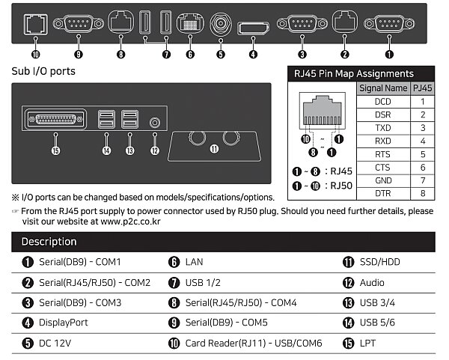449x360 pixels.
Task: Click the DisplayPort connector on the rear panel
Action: coord(254,29)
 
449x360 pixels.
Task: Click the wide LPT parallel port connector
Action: coord(55,120)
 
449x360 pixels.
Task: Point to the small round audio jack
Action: coord(155,121)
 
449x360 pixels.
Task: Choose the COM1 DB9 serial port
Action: coord(388,23)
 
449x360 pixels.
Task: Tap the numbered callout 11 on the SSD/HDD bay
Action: coord(214,148)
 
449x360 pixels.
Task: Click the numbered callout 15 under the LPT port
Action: coord(55,150)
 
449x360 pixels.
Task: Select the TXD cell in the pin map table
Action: coord(382,127)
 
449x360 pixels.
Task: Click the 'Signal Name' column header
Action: coord(382,88)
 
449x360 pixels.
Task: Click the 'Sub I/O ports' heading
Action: coord(43,73)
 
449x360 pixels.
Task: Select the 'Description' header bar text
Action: coord(49,242)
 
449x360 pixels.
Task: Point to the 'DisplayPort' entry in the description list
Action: coord(63,323)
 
